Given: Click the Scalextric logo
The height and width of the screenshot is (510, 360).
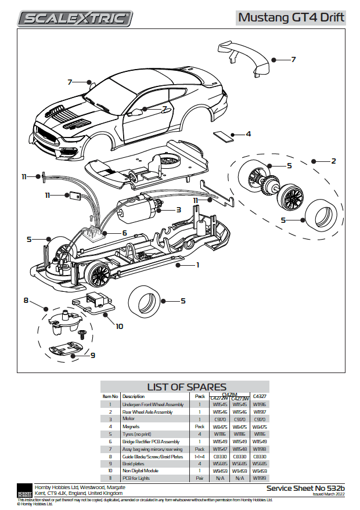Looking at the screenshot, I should (75, 19).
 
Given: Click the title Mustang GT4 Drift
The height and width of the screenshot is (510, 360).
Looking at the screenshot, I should (291, 17).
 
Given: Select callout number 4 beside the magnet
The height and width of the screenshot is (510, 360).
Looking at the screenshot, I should (248, 134).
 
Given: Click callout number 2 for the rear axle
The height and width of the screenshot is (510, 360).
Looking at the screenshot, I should (333, 161).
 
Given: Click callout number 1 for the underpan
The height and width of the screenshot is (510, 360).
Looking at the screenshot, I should (197, 265).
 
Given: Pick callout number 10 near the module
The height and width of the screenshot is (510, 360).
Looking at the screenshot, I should (120, 326).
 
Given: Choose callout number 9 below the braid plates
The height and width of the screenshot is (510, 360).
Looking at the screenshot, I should (92, 355).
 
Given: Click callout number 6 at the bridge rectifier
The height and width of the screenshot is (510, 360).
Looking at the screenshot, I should (124, 233).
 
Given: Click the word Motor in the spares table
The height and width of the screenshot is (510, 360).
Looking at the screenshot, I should (129, 418).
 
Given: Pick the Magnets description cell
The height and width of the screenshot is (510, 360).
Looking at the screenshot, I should (132, 426).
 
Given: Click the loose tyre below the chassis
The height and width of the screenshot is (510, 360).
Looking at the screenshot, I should (145, 301).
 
